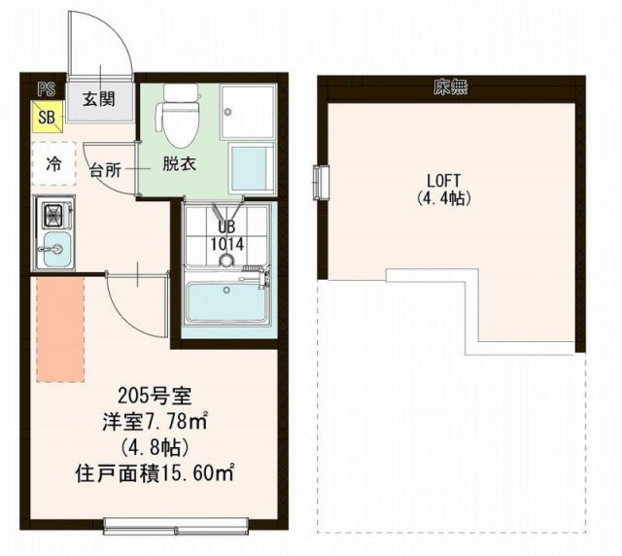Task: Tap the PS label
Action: tap(45, 90)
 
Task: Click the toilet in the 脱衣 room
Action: tap(180, 112)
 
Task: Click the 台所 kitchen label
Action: tap(105, 170)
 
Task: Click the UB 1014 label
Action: tap(226, 236)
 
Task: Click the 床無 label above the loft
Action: tap(450, 88)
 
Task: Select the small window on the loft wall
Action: tap(320, 181)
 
